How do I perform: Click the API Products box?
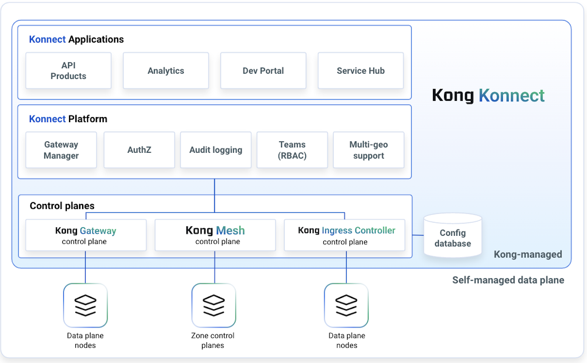point(68,71)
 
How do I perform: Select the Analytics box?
point(166,71)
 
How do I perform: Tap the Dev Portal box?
point(263,71)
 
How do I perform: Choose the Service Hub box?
point(361,71)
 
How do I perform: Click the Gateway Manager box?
point(61,150)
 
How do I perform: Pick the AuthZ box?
point(139,150)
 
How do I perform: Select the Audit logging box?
point(216,150)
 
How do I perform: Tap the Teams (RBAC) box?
point(292,150)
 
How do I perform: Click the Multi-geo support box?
point(368,150)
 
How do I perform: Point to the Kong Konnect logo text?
point(488,95)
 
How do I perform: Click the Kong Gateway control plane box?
point(86,235)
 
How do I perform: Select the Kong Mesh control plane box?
point(215,235)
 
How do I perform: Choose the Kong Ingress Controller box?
point(345,235)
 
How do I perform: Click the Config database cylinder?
point(453,236)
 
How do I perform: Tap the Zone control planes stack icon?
point(214,305)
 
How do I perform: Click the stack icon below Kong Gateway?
point(85,305)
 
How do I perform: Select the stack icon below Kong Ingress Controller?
point(346,305)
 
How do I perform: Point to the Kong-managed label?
point(527,254)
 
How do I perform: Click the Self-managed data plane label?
point(508,280)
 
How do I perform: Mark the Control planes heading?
point(62,206)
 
